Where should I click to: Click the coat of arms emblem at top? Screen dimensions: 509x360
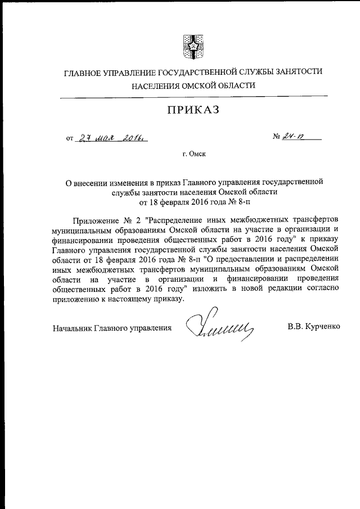pos(192,47)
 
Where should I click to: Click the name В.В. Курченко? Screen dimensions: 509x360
pos(313,326)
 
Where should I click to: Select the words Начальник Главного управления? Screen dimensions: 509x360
pos(112,327)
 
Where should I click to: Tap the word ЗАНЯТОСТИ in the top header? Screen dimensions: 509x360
pos(295,71)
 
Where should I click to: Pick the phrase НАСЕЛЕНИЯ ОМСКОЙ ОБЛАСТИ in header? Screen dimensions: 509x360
pos(193,85)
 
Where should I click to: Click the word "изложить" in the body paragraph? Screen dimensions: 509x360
pos(215,289)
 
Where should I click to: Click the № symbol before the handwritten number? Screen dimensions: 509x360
pos(276,137)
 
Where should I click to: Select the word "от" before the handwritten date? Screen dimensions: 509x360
pos(70,137)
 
